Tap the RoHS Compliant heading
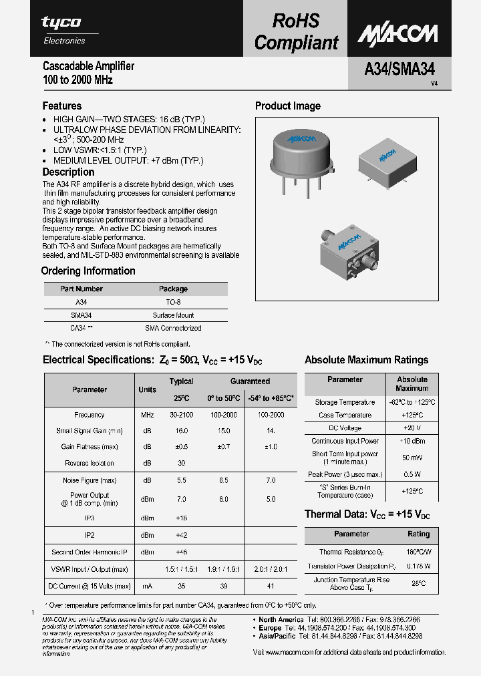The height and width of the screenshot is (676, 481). (296, 32)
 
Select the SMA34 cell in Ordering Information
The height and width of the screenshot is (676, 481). (81, 315)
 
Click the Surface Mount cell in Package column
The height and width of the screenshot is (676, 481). (173, 315)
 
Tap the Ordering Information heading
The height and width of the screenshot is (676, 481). (88, 271)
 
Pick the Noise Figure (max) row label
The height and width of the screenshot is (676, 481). (89, 480)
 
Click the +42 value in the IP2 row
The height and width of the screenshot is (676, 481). (181, 535)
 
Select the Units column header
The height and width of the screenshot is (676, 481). (147, 389)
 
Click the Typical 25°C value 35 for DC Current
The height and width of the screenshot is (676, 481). (181, 586)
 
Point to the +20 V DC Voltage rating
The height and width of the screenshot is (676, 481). (412, 428)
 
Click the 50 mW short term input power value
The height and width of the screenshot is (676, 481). (412, 458)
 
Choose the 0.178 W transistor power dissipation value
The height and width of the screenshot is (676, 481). (419, 566)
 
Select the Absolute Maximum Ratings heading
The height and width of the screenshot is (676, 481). (366, 360)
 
